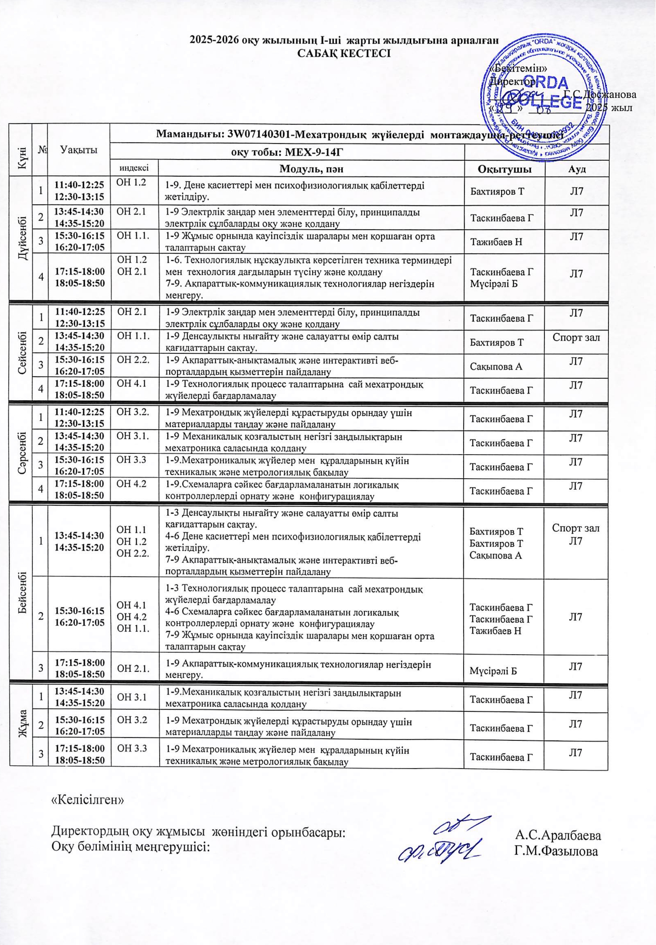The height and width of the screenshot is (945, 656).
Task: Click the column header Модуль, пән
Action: [311, 169]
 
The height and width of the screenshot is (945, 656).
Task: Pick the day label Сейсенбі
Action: [21, 352]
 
